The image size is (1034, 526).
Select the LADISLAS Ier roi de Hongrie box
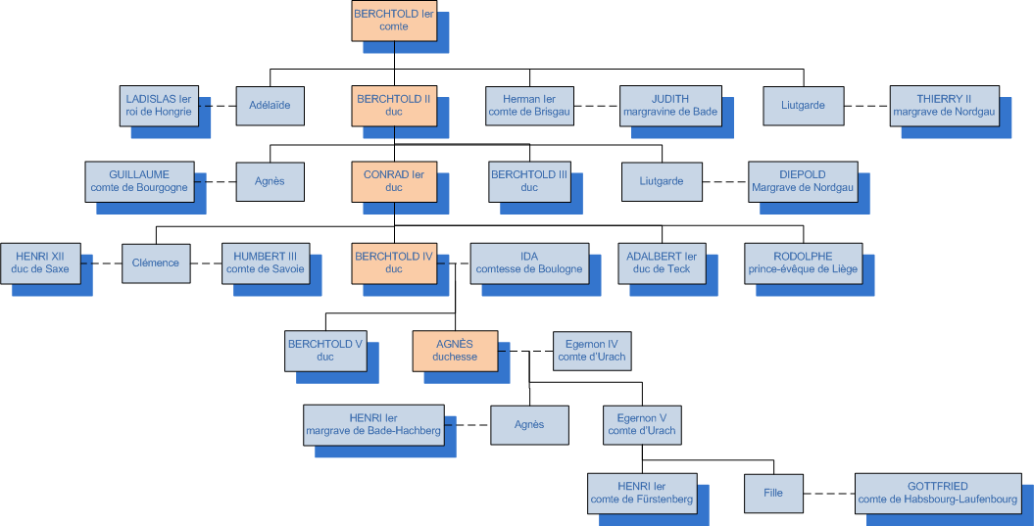click(x=162, y=105)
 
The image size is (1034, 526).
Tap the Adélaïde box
click(x=270, y=105)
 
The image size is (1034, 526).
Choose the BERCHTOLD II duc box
click(x=393, y=105)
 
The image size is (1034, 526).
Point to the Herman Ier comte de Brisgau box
click(x=529, y=105)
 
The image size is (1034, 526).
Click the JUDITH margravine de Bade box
click(x=670, y=105)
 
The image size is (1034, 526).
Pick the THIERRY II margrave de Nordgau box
click(x=944, y=105)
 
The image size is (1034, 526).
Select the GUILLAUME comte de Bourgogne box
click(x=138, y=181)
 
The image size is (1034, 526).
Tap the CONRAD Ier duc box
click(x=393, y=181)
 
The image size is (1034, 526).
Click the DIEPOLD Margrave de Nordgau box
click(x=804, y=181)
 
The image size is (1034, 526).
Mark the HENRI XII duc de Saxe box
click(x=42, y=263)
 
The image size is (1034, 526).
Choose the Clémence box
click(x=156, y=263)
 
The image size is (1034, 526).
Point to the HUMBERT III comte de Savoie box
click(x=265, y=263)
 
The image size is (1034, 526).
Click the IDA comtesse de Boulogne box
click(x=529, y=263)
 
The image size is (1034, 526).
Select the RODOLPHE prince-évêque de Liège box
click(x=804, y=263)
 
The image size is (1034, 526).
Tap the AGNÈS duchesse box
click(x=455, y=351)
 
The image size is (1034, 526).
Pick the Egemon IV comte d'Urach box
click(x=590, y=351)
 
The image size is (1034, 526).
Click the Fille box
click(x=773, y=493)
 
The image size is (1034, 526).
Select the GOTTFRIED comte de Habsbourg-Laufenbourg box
click(x=937, y=493)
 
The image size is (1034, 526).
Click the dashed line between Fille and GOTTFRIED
click(x=829, y=493)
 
